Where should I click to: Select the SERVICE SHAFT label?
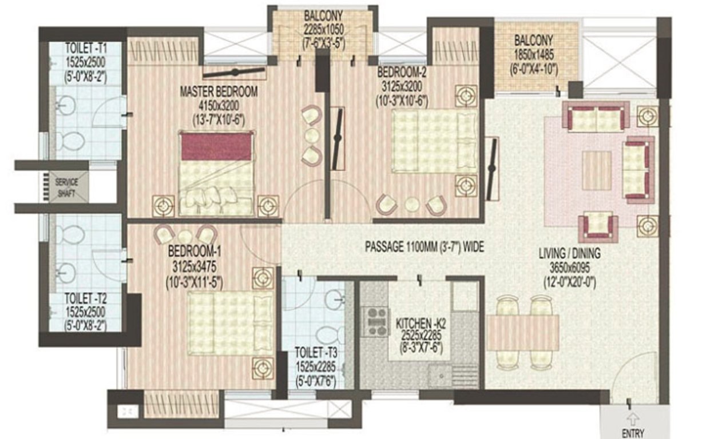pyautogui.click(x=68, y=187)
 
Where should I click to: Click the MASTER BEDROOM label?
pyautogui.click(x=218, y=91)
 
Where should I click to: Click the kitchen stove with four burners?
pyautogui.click(x=377, y=321)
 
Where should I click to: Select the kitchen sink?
pyautogui.click(x=441, y=374)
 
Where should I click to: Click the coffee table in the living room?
pyautogui.click(x=597, y=170)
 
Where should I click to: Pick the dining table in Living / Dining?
pyautogui.click(x=522, y=333)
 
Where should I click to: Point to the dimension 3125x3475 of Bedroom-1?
pyautogui.click(x=195, y=266)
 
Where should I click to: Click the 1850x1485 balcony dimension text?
pyautogui.click(x=533, y=57)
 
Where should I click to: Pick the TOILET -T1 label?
pyautogui.click(x=85, y=47)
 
